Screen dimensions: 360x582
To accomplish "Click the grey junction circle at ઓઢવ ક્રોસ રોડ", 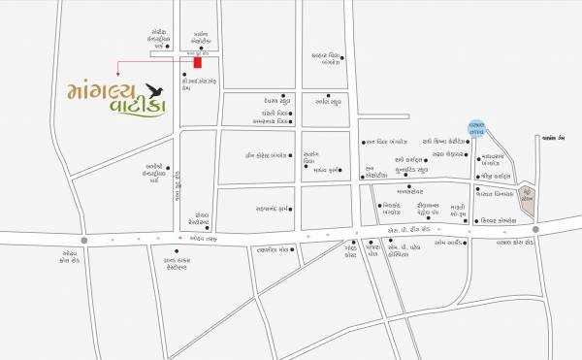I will point(85,238).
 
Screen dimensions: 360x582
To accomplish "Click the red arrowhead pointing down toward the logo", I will point(117,74).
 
